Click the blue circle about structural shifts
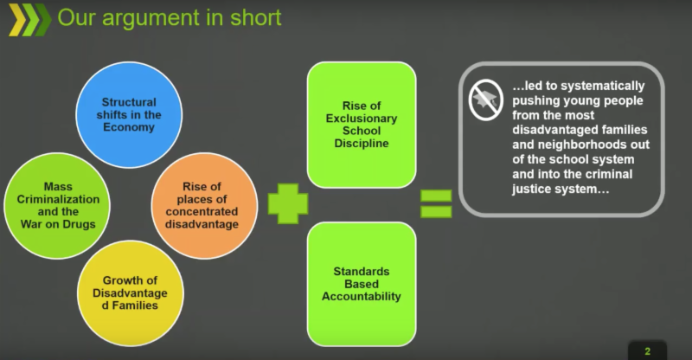click(x=127, y=112)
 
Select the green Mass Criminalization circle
click(x=58, y=203)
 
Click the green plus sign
click(x=288, y=205)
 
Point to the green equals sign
click(x=436, y=205)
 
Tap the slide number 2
click(x=647, y=350)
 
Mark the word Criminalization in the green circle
click(x=58, y=199)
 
